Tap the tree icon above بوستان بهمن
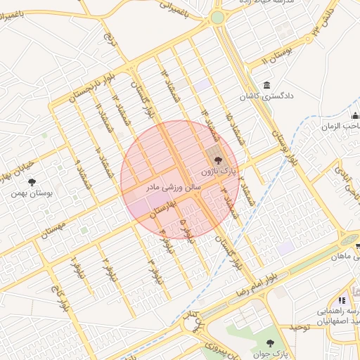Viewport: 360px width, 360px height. pos(32,181)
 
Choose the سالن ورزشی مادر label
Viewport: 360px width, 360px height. pos(173,188)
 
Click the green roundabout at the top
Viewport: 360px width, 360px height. pos(217,17)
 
